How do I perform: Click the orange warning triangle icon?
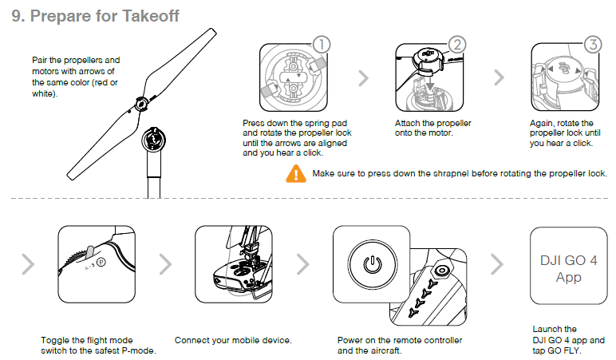[296, 174]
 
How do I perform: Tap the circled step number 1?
[322, 45]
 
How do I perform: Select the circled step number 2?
[457, 45]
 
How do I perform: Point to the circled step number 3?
[593, 45]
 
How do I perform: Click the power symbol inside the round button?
[372, 264]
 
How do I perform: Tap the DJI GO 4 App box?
[568, 266]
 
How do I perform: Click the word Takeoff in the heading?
[151, 16]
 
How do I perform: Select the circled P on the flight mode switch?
[101, 261]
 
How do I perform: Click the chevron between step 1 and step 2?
[364, 77]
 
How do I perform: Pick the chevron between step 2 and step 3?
[499, 77]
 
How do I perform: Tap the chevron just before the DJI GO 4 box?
[497, 263]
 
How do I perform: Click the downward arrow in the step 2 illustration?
[430, 85]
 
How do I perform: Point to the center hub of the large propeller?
[141, 104]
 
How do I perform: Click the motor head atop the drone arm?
[153, 140]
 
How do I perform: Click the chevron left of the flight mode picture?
[28, 263]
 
